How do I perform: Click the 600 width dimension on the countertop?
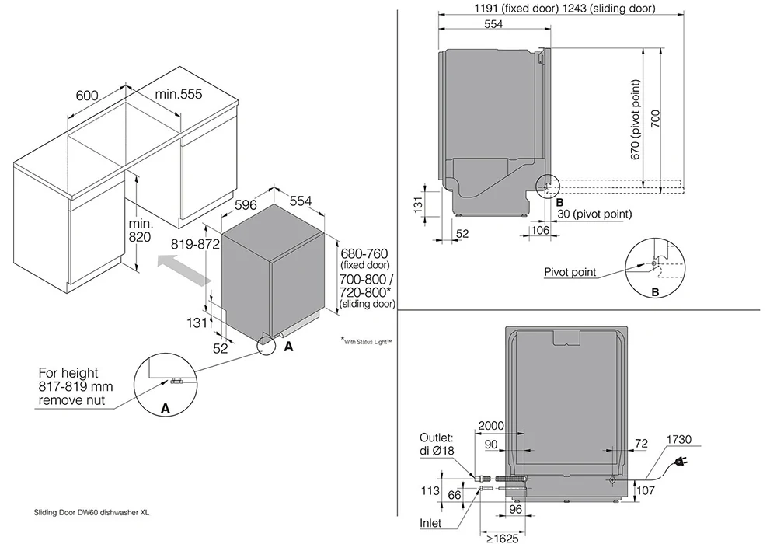pyautogui.click(x=87, y=95)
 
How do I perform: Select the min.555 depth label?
pyautogui.click(x=179, y=93)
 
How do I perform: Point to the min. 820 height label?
pyautogui.click(x=140, y=230)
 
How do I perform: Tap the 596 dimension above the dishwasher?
pyautogui.click(x=246, y=204)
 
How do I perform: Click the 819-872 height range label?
pyautogui.click(x=195, y=244)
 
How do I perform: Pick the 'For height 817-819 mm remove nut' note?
pyautogui.click(x=75, y=386)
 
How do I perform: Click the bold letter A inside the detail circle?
pyautogui.click(x=165, y=409)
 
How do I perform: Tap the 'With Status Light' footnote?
pyautogui.click(x=367, y=341)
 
